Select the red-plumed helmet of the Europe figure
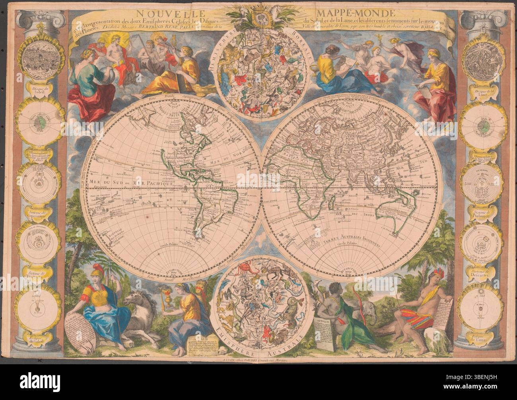point(98,276)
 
